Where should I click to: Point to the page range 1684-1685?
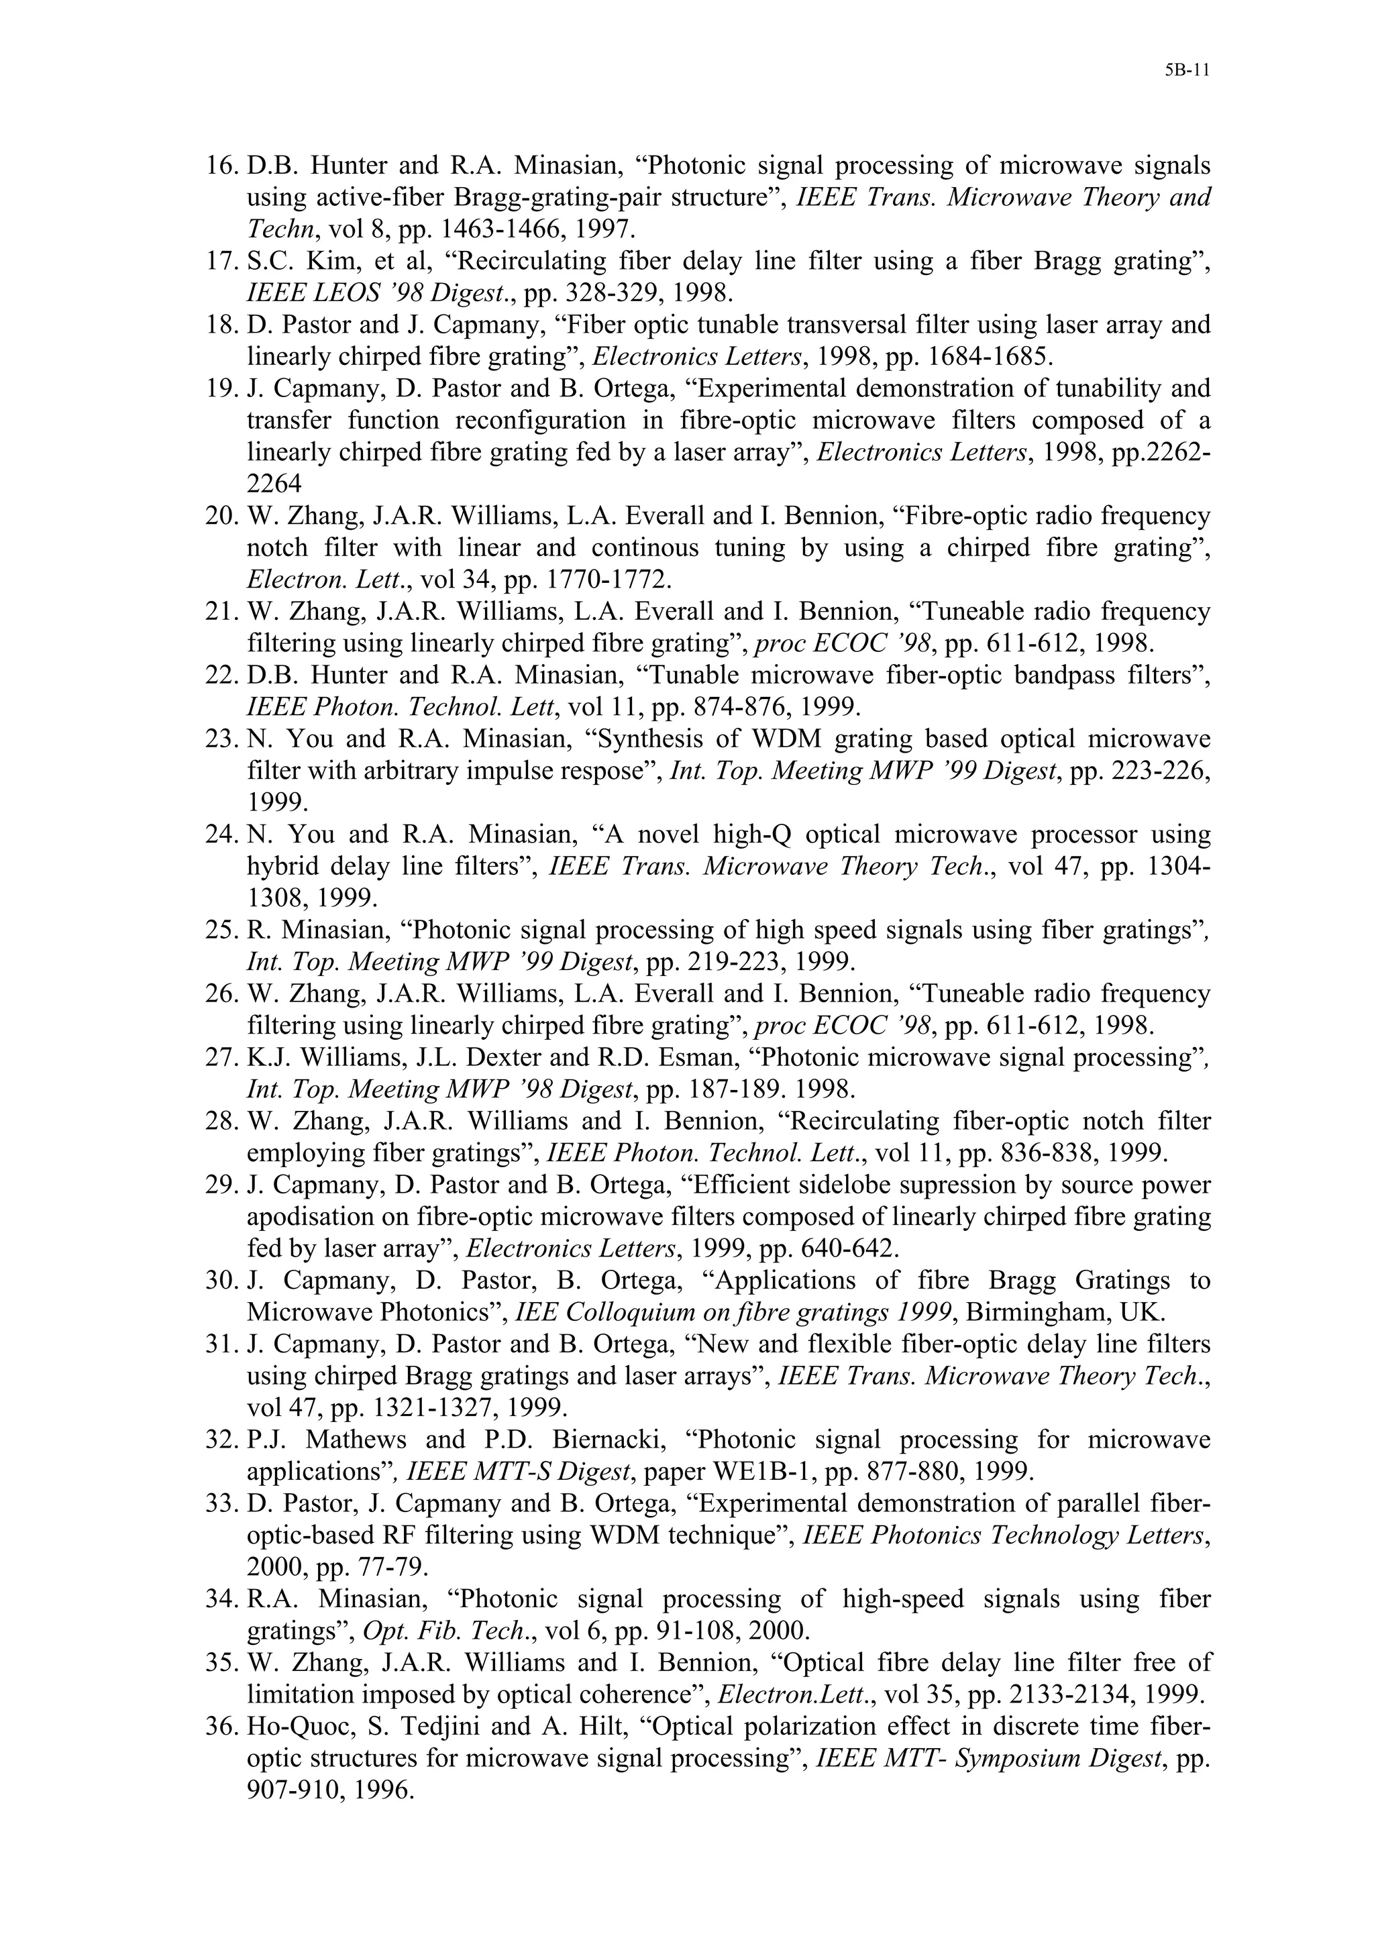pyautogui.click(x=960, y=356)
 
